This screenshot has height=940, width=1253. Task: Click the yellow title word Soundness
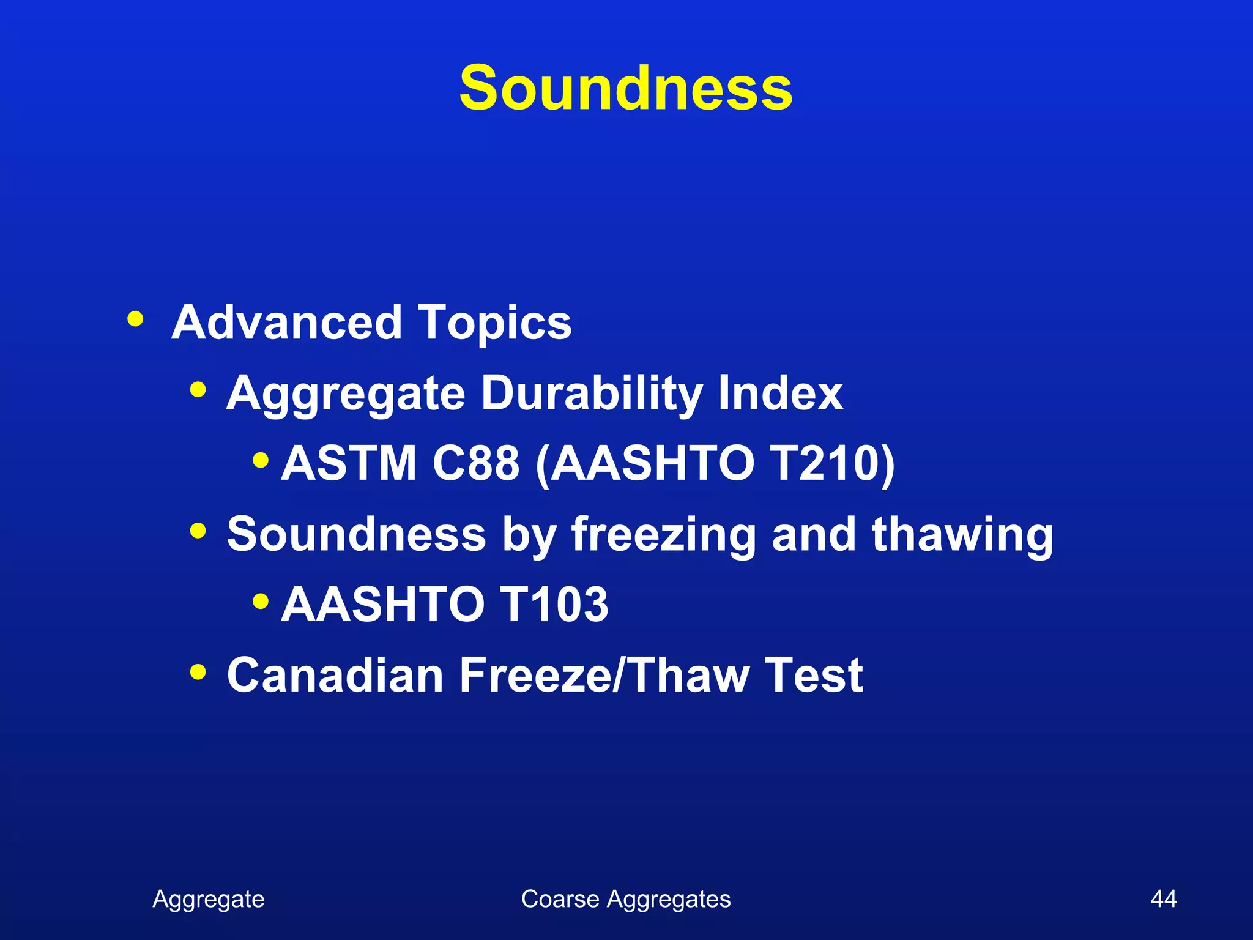625,89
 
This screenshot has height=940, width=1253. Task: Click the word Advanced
286,323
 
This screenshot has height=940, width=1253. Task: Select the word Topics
495,323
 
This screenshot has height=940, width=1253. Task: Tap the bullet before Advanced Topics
135,319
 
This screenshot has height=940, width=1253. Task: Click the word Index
781,393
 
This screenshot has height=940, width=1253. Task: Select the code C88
475,463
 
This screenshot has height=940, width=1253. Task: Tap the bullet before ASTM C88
261,459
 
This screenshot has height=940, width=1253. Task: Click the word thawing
962,534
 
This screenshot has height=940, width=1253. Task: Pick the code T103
554,605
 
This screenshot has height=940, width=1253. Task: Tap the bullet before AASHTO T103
261,601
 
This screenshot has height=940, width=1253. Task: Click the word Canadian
335,675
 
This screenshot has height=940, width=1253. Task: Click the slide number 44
1163,899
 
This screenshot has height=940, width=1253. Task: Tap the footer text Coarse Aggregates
625,900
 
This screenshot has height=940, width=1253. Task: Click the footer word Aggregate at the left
208,900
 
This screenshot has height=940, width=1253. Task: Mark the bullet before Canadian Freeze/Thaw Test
198,671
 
